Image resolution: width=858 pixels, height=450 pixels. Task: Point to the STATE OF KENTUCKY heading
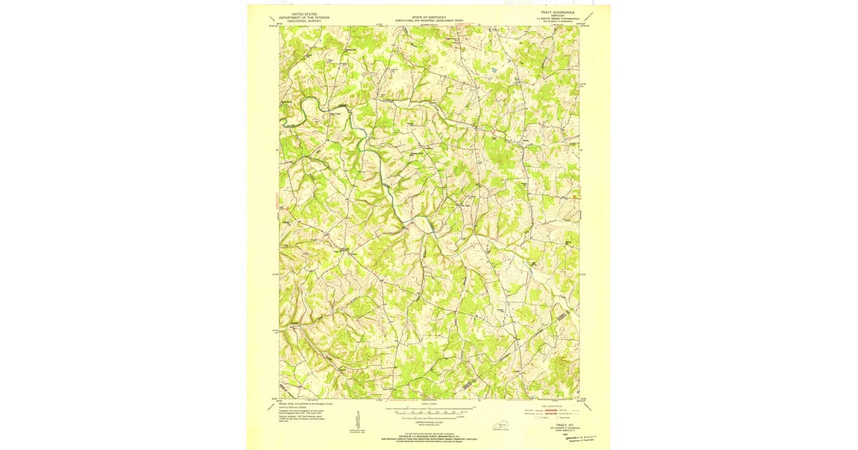click(x=429, y=16)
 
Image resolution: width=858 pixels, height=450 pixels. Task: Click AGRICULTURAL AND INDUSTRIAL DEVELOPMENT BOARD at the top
click(x=429, y=20)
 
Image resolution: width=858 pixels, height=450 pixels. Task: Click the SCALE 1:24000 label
click(x=429, y=402)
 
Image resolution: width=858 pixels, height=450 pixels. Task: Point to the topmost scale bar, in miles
click(x=429, y=407)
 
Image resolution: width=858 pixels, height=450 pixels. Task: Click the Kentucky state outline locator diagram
click(x=504, y=426)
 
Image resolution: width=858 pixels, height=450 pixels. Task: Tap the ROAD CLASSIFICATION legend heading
click(x=554, y=404)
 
